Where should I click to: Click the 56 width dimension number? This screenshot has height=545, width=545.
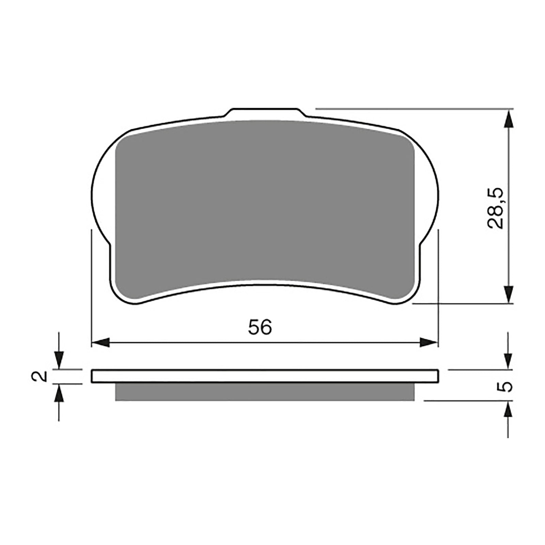pyautogui.click(x=260, y=327)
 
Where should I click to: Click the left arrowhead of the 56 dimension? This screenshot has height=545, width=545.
pyautogui.click(x=100, y=342)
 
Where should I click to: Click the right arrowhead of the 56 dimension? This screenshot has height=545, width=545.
pyautogui.click(x=429, y=342)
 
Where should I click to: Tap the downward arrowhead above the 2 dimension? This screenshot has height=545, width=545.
pyautogui.click(x=59, y=360)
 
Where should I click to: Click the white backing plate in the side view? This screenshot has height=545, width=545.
pyautogui.click(x=265, y=376)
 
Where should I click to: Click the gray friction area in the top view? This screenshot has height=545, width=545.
pyautogui.click(x=265, y=204)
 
